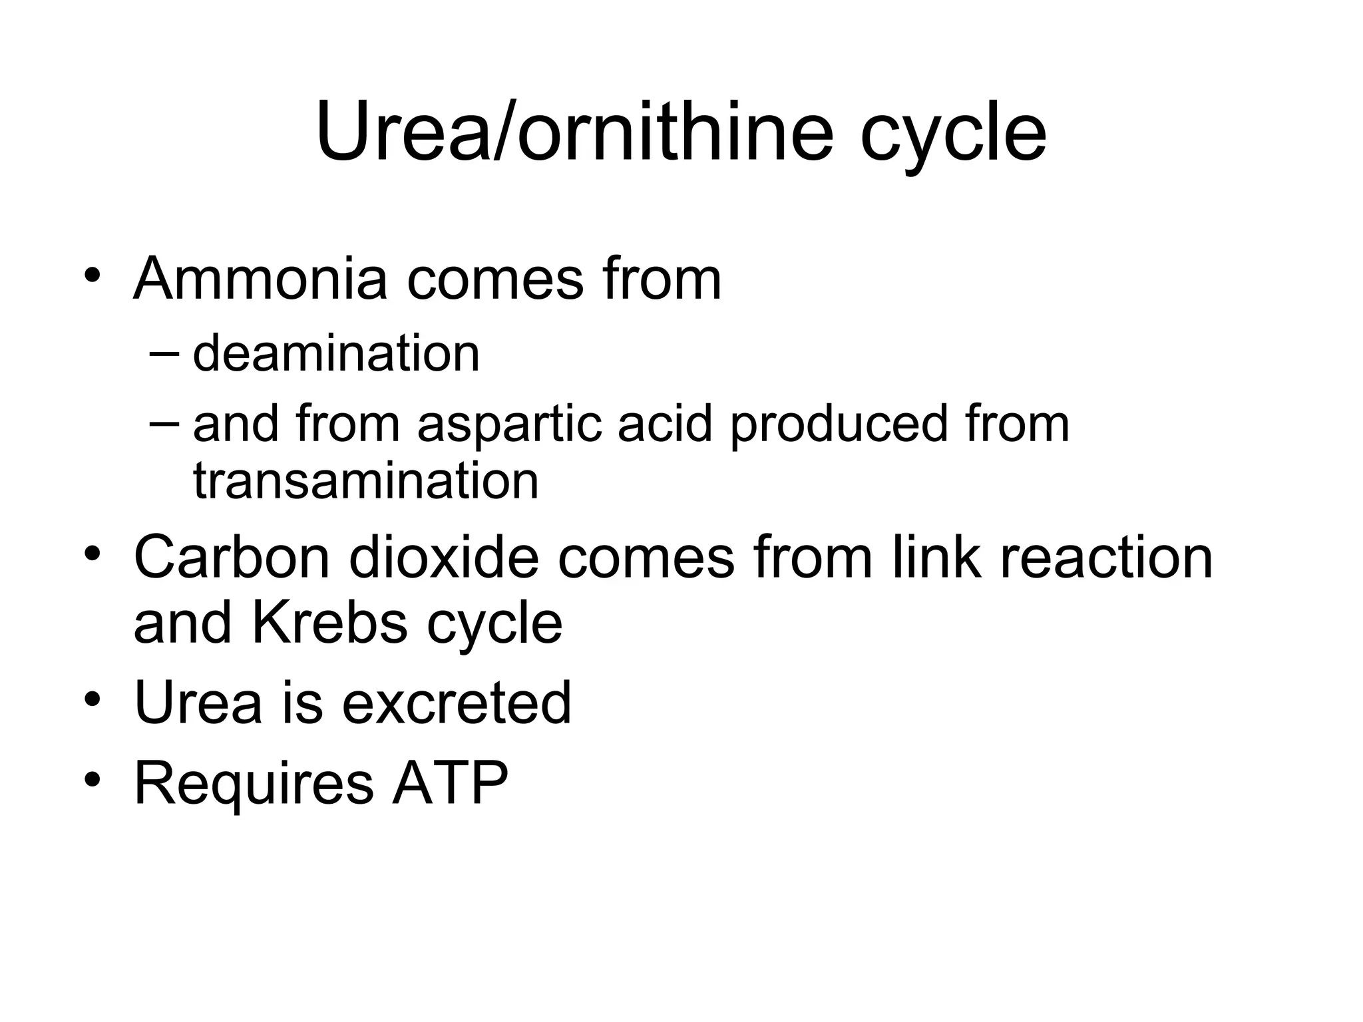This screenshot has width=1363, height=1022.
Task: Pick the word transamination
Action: (x=365, y=481)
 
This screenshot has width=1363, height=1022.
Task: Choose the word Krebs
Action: (x=329, y=623)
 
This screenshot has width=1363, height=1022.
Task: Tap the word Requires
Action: (x=254, y=783)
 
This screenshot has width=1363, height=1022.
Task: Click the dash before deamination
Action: (x=164, y=354)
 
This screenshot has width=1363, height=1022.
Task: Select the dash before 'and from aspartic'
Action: (x=164, y=425)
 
